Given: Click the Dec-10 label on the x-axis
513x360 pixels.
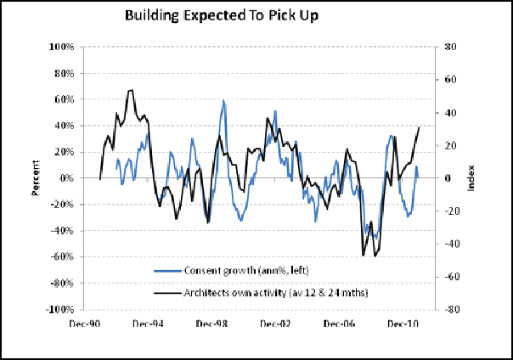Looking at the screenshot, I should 403,323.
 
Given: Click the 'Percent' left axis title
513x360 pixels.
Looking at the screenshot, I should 37,178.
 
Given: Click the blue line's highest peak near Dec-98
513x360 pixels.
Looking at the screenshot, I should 223,101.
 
